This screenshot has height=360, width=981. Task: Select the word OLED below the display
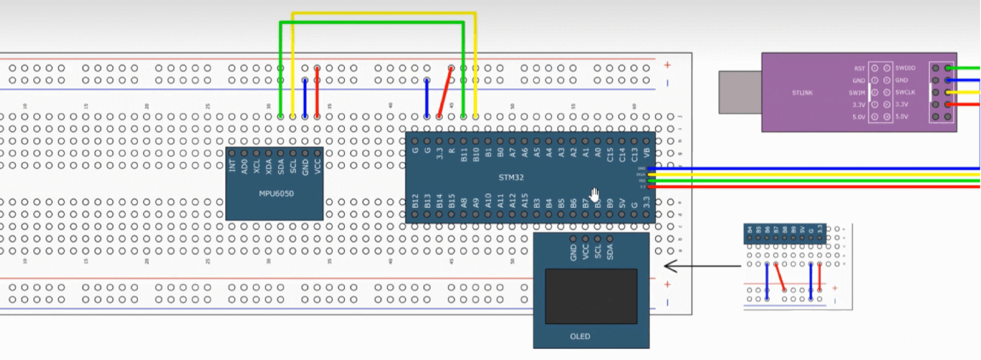click(579, 336)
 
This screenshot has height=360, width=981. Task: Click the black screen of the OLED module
click(590, 296)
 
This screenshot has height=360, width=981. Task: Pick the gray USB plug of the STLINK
click(740, 91)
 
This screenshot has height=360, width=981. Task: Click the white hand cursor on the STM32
click(594, 195)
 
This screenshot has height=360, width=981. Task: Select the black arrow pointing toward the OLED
click(702, 266)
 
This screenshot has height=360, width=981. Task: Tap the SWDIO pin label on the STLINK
click(905, 68)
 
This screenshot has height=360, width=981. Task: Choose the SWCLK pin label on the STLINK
click(905, 92)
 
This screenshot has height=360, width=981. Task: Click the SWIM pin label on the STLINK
click(857, 92)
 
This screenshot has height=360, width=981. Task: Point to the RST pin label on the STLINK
click(859, 68)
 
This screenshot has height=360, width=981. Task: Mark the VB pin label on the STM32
click(647, 153)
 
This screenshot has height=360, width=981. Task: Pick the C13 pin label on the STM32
click(634, 154)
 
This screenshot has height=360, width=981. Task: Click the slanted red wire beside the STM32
click(445, 92)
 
